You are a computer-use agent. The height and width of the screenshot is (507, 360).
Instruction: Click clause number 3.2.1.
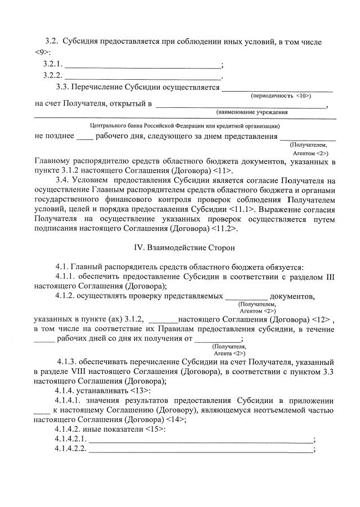[53, 64]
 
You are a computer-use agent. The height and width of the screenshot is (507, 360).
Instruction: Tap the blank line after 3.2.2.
[143, 75]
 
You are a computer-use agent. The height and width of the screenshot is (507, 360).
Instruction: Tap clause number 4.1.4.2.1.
[71, 439]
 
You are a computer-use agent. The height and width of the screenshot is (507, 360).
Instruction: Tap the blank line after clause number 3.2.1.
[143, 64]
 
